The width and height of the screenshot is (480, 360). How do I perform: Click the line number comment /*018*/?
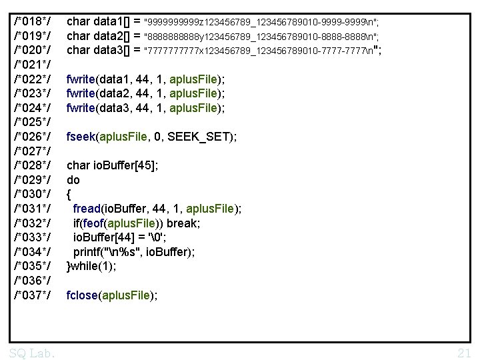(x=32, y=21)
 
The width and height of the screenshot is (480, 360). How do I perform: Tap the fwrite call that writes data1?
(x=145, y=79)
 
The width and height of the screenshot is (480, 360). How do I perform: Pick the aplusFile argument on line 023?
(x=193, y=93)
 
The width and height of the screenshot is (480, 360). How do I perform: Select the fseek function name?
(x=81, y=137)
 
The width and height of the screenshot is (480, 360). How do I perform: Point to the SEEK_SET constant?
(x=199, y=137)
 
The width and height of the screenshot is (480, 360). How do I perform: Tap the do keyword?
(x=73, y=180)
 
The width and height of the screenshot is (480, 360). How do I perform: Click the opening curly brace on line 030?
(x=69, y=195)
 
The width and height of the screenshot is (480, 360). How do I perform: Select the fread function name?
(x=87, y=209)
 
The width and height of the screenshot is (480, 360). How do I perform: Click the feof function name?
(x=93, y=223)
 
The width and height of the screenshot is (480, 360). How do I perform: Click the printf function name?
(x=87, y=252)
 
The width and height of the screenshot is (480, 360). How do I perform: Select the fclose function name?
(x=82, y=295)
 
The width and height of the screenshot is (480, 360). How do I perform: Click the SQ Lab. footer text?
(x=31, y=353)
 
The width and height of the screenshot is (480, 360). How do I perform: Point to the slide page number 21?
(x=464, y=353)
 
